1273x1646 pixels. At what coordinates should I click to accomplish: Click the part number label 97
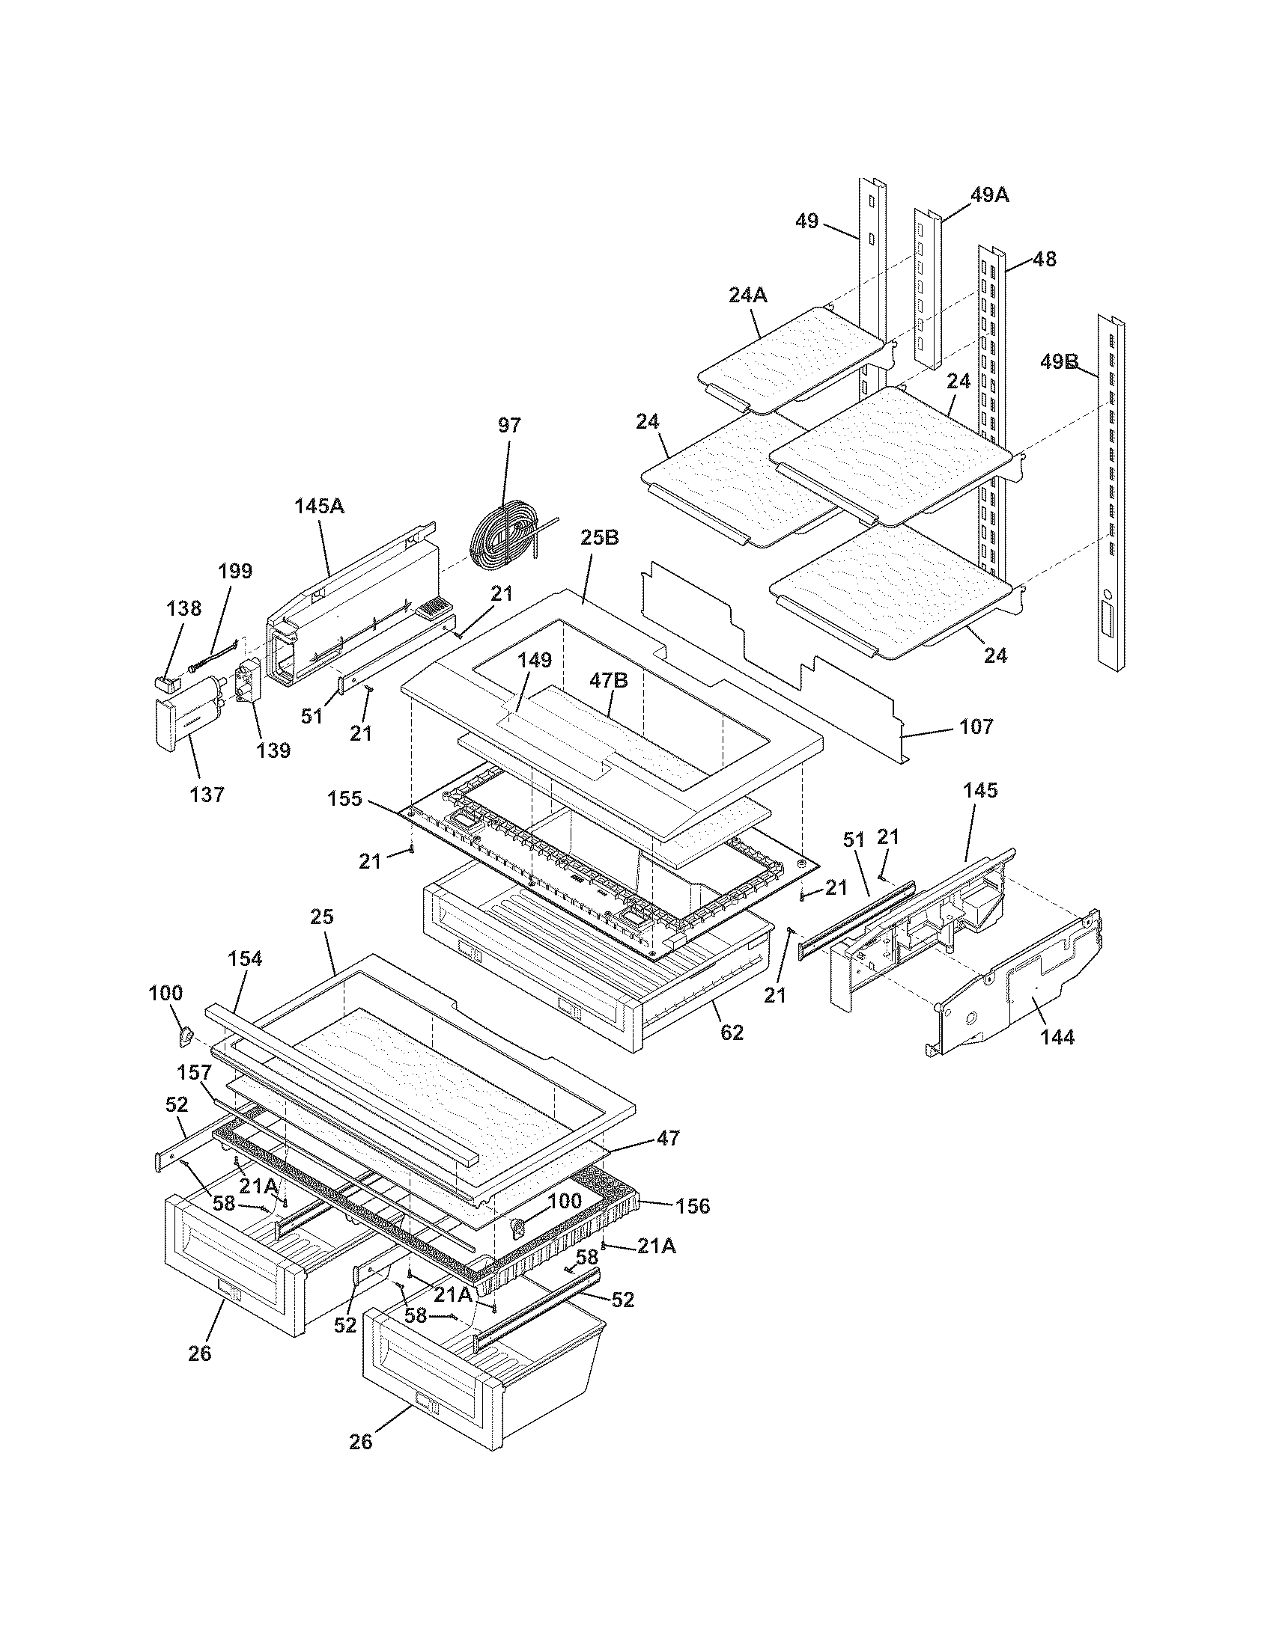[509, 425]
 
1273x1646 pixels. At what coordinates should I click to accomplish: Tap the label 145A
[318, 506]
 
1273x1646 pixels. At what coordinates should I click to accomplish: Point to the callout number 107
[976, 726]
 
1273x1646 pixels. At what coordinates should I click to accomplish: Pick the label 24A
[747, 296]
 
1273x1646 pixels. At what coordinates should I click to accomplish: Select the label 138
[185, 608]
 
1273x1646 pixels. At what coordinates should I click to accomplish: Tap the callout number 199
[234, 571]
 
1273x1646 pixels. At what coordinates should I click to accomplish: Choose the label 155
[345, 798]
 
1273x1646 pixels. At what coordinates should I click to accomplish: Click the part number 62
[732, 1032]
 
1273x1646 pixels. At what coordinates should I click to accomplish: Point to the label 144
[1057, 1038]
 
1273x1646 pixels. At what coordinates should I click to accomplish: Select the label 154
[245, 958]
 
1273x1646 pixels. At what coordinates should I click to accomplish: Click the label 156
[693, 1207]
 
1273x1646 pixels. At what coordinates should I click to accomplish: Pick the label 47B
[609, 681]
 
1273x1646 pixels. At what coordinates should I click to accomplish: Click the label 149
[535, 660]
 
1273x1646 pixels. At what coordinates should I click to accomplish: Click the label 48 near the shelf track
[1044, 260]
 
